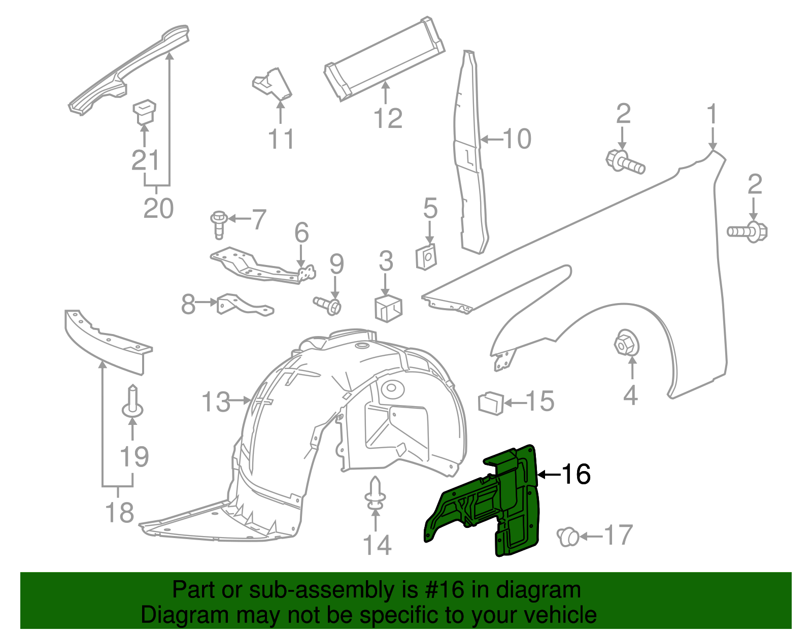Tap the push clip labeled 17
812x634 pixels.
(568, 537)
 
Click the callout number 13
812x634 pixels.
(216, 402)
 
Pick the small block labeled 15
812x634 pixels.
(491, 403)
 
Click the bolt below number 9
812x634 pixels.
(328, 306)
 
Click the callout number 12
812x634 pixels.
(388, 119)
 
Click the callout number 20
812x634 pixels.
(158, 209)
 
